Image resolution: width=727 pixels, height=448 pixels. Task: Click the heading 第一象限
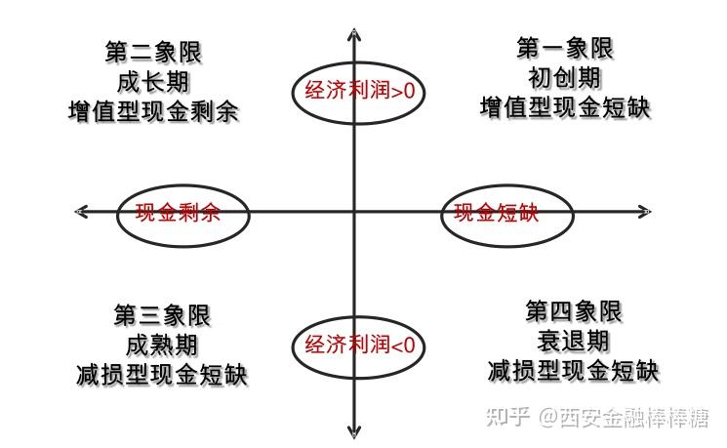click(565, 48)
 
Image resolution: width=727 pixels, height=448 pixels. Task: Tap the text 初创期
click(565, 77)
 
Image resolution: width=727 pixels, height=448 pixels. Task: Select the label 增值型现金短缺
click(565, 107)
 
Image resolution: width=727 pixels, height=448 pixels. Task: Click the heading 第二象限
click(153, 52)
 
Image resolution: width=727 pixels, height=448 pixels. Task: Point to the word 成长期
click(153, 82)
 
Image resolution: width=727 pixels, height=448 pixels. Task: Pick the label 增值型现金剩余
click(153, 112)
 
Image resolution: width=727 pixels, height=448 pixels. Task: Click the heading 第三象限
click(162, 315)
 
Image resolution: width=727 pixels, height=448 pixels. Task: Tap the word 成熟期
click(162, 346)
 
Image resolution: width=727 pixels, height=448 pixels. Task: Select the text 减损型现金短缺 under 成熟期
click(162, 375)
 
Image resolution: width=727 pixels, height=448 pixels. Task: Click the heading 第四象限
click(574, 311)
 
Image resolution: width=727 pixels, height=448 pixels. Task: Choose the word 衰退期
click(574, 342)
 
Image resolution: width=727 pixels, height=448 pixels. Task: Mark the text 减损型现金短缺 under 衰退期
click(574, 371)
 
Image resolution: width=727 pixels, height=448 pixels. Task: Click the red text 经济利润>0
click(359, 90)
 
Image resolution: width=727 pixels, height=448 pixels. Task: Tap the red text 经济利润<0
click(359, 345)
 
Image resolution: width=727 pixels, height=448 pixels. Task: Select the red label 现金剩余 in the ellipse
click(178, 213)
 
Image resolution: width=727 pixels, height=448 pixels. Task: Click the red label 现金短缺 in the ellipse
click(496, 213)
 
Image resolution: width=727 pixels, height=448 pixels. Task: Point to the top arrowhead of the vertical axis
click(354, 29)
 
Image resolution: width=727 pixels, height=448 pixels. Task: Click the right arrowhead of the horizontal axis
click(650, 212)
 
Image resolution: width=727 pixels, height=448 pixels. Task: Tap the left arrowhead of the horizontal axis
click(76, 212)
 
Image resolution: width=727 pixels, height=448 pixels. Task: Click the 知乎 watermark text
click(507, 417)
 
